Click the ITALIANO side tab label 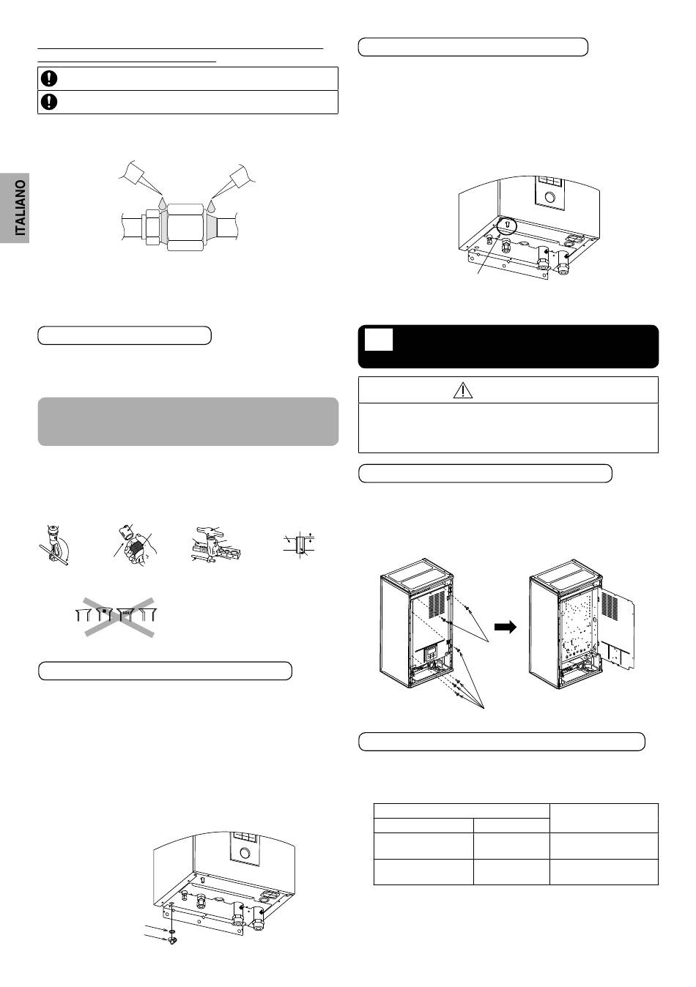coord(21,207)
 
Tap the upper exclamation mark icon coord(49,78)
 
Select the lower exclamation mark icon coord(49,102)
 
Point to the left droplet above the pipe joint coord(162,204)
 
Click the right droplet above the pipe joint coord(212,204)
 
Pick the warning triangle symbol coord(463,390)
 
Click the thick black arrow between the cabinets coord(505,627)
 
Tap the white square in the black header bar coord(379,340)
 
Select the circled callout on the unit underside coord(506,226)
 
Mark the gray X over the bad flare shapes coord(119,617)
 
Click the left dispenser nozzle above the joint coord(140,176)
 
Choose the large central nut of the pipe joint coord(184,228)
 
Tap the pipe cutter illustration coord(55,545)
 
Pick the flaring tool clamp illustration coord(216,545)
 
